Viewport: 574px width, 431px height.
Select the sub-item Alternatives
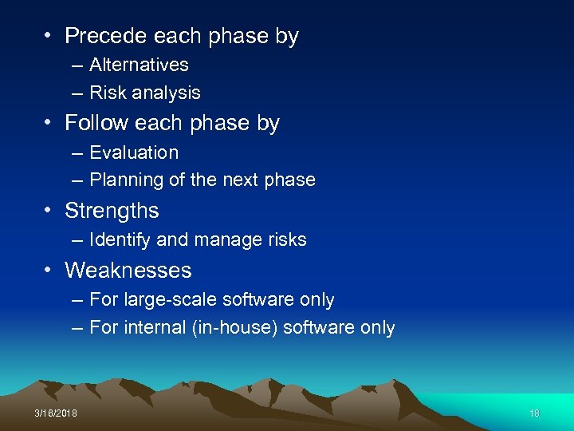(x=139, y=65)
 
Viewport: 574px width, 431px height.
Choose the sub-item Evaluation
(x=134, y=152)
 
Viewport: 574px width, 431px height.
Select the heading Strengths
(x=112, y=211)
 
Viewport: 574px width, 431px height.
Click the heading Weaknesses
(x=128, y=271)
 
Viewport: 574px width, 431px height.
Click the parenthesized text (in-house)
(x=234, y=328)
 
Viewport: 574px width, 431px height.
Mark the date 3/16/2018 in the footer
(x=56, y=412)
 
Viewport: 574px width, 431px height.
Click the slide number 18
(x=534, y=412)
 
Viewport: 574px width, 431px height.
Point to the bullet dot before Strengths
(x=49, y=212)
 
